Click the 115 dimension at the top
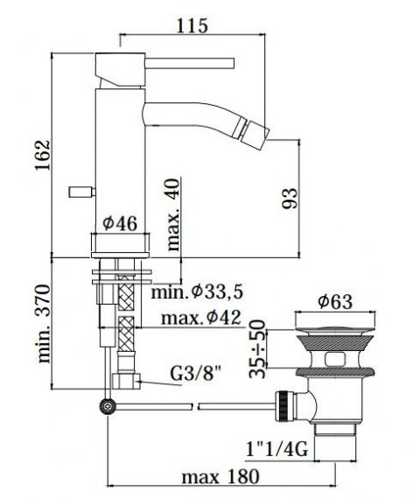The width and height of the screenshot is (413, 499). pyautogui.click(x=192, y=25)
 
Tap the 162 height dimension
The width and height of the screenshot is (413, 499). pyautogui.click(x=43, y=155)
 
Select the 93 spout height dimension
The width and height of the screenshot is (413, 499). pyautogui.click(x=290, y=198)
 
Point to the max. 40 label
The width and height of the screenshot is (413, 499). pyautogui.click(x=172, y=214)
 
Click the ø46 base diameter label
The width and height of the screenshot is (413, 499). pyautogui.click(x=120, y=223)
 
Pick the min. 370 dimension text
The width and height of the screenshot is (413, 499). pyautogui.click(x=44, y=323)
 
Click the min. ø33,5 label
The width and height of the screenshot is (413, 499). pyautogui.click(x=197, y=292)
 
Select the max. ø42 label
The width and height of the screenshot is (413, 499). pyautogui.click(x=201, y=318)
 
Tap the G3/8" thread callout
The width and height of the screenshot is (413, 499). pyautogui.click(x=196, y=374)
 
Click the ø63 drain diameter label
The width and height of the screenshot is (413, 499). pyautogui.click(x=335, y=302)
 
